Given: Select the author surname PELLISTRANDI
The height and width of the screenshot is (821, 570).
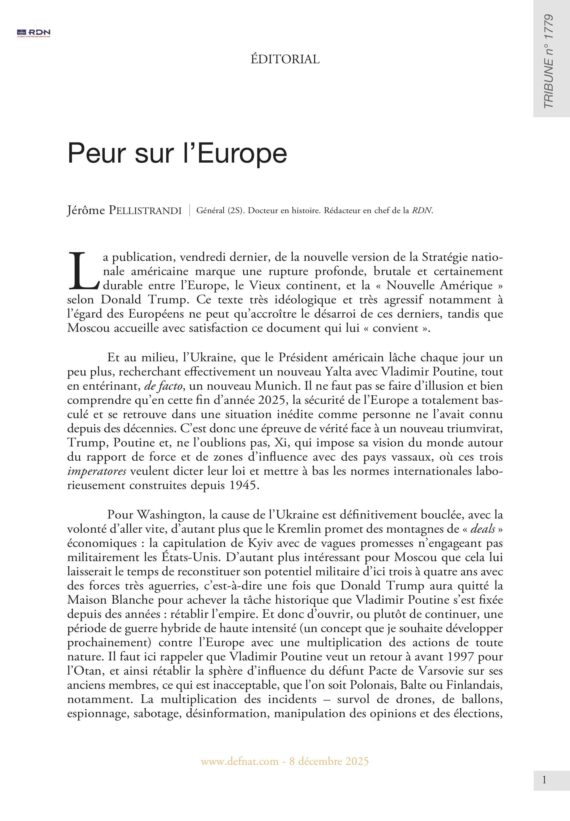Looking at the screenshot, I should (x=145, y=211).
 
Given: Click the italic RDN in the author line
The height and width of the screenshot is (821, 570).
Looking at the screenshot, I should (x=422, y=211).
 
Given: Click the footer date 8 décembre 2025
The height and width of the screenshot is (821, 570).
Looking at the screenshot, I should (x=329, y=761).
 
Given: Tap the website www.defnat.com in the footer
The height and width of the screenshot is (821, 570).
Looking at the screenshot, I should (x=239, y=761).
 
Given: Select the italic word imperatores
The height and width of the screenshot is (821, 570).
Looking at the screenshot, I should (x=97, y=471).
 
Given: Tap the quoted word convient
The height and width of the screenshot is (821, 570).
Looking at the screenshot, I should (x=395, y=328).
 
